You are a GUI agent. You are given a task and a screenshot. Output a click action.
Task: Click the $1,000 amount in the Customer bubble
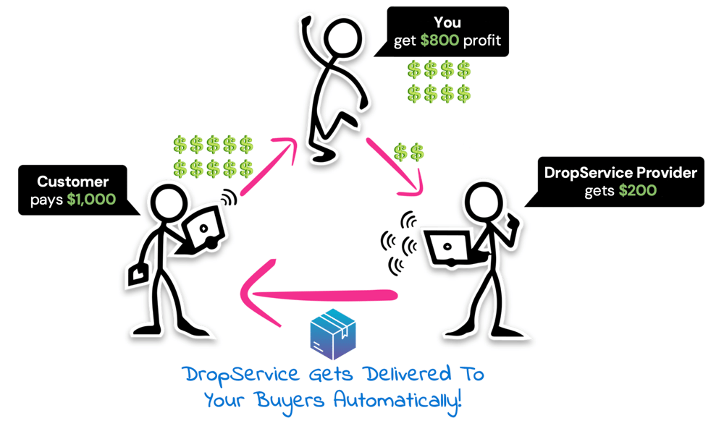[91, 199]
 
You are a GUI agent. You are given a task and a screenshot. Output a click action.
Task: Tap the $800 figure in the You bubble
[439, 41]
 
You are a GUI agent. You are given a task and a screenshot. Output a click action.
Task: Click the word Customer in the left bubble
[72, 182]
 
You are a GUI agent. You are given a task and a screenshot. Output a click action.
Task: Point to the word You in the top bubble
[447, 23]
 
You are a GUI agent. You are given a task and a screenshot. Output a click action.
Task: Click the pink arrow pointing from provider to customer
[319, 294]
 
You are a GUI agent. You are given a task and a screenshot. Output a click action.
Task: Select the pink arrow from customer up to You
[268, 168]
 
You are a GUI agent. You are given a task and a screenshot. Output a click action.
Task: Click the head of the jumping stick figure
[338, 35]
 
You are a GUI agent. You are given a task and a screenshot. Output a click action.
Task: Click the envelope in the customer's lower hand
[138, 274]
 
